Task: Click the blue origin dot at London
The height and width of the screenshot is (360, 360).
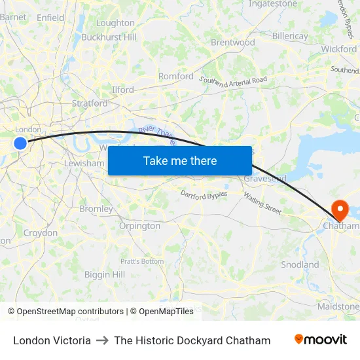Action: pos(20,143)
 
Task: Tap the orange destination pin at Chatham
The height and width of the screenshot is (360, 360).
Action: pos(340,210)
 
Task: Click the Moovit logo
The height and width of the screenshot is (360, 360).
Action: pos(320,340)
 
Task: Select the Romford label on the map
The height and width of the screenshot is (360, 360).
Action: pos(176,76)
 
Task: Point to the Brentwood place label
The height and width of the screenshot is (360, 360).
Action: pos(232,43)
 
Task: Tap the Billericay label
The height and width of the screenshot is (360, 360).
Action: pos(289,36)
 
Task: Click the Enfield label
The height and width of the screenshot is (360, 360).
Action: pos(50,18)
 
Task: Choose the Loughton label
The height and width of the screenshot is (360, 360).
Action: pos(115,23)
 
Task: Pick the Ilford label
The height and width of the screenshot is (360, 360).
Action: pos(122,90)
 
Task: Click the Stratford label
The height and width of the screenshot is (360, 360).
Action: pos(89,103)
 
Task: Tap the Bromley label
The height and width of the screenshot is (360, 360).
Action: pos(96,209)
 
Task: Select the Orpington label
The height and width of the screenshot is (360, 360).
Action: pos(139,226)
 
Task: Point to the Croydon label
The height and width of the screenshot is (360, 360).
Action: pos(41,232)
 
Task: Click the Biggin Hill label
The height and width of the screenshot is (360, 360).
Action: pos(105,275)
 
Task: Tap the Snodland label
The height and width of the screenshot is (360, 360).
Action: pos(300,264)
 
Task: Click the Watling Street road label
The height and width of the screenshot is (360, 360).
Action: pos(262,203)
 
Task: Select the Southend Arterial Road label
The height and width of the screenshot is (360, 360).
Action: pos(233,82)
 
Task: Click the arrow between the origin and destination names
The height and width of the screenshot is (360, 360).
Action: pos(102,340)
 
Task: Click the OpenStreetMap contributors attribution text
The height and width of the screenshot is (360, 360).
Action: pos(70,312)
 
